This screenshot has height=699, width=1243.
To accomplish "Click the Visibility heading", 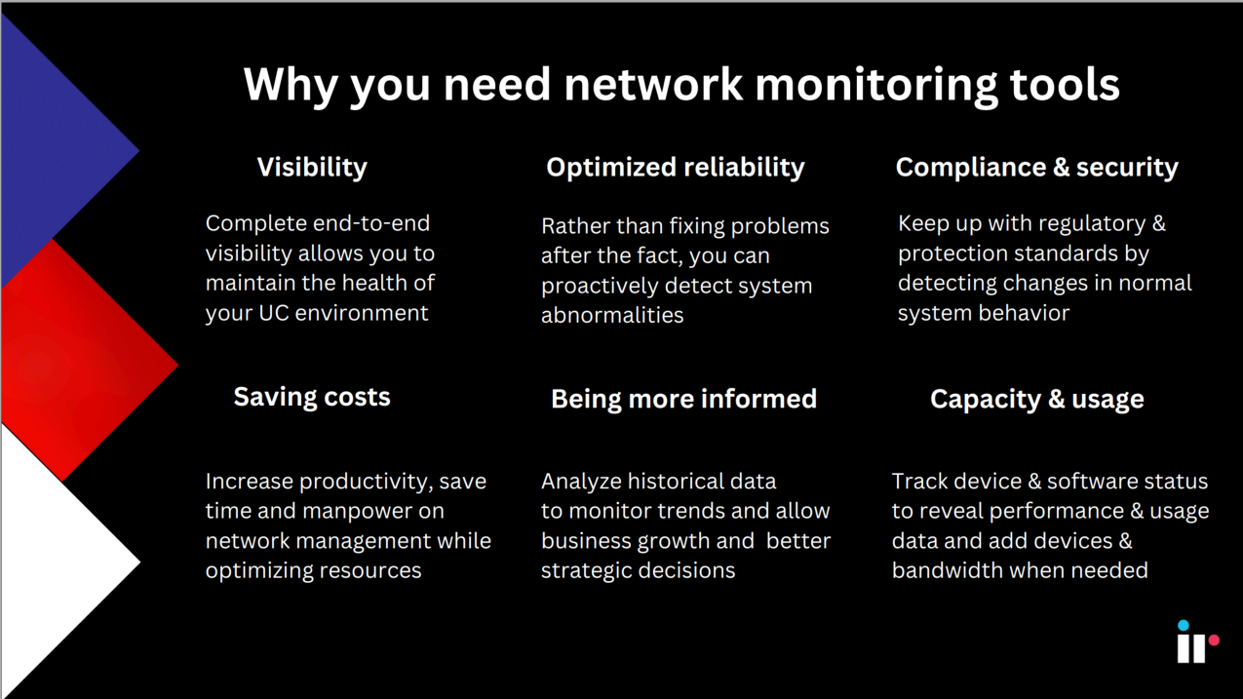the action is pos(312,168).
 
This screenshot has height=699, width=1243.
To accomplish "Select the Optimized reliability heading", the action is pos(676,168).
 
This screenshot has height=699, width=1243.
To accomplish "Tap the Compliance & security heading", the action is pos(1036,168).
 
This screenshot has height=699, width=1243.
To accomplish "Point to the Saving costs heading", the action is pos(312,397).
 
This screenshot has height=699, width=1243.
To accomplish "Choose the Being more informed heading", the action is pos(683,399).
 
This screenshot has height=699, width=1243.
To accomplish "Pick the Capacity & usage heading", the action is pos(1036,400).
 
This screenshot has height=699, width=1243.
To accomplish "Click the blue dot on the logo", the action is pos(1184,625).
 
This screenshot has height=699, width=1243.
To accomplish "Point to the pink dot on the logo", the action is pos(1214,641).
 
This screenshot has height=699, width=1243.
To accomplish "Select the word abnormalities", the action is pos(612,315).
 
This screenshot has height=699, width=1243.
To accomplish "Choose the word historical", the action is pos(702,482).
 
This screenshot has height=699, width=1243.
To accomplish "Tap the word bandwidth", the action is pos(946,571).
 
